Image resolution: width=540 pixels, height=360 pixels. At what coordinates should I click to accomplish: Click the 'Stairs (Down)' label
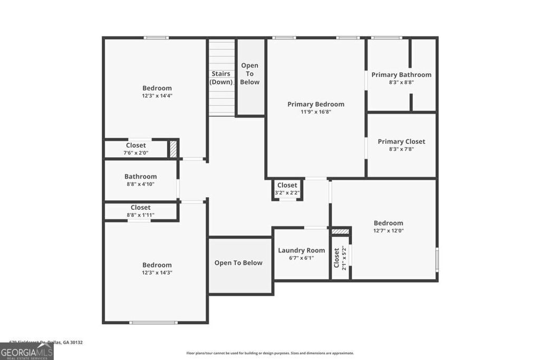(x=221, y=77)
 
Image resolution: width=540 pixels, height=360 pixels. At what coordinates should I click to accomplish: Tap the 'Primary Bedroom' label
(x=315, y=104)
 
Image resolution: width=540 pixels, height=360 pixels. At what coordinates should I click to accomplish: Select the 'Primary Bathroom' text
(x=401, y=75)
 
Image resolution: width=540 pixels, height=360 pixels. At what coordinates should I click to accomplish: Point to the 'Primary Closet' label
(x=401, y=141)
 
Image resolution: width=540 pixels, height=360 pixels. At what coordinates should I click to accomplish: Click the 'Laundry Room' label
(x=302, y=250)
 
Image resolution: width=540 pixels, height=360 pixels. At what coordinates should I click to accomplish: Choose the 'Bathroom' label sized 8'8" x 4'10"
(x=140, y=177)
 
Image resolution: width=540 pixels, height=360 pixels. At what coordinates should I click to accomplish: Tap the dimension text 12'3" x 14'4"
(x=157, y=96)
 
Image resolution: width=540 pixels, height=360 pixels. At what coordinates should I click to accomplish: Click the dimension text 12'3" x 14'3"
(x=157, y=273)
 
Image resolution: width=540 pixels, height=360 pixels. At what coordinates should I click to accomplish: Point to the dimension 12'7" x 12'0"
(x=388, y=230)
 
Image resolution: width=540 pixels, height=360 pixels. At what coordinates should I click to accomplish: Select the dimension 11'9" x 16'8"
(x=315, y=112)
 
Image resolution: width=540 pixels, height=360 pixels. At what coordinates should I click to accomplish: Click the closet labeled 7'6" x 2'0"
(x=136, y=149)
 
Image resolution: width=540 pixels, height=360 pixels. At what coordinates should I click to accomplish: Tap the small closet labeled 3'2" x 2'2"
(x=287, y=189)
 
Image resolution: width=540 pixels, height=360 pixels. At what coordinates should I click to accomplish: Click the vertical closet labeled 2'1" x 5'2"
(x=340, y=258)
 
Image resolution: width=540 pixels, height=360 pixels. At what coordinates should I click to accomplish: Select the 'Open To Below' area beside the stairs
(x=250, y=74)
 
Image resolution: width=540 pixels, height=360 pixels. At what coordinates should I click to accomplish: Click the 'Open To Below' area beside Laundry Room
(x=238, y=263)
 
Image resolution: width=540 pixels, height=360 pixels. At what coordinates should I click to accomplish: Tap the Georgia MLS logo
(x=26, y=351)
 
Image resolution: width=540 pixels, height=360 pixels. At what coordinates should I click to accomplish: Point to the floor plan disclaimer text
(x=270, y=353)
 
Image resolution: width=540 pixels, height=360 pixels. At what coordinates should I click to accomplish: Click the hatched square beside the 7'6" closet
(x=173, y=149)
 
